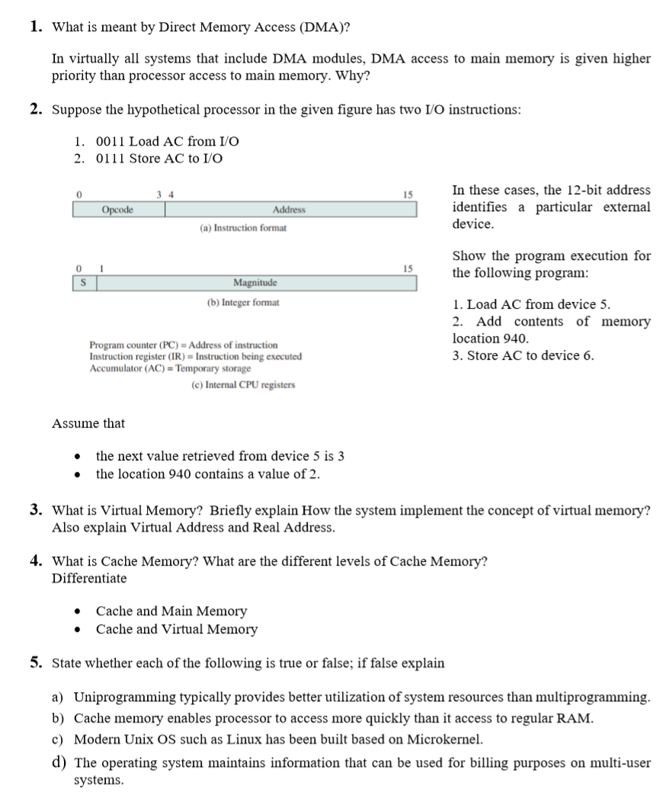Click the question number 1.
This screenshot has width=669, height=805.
[x=35, y=27]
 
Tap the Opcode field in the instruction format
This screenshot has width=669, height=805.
[x=118, y=209]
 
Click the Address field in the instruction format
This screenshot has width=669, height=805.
[x=290, y=209]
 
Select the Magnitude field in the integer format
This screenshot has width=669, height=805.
[x=254, y=283]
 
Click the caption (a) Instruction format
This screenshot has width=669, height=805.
[x=243, y=228]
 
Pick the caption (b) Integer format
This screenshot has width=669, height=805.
[x=243, y=302]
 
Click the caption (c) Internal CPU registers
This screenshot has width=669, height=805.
[x=243, y=385]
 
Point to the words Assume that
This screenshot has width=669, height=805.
[x=88, y=423]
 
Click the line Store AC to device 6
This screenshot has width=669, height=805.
[x=523, y=355]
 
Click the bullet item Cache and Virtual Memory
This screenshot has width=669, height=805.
[x=177, y=630]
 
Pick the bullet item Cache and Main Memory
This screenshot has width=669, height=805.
[x=171, y=611]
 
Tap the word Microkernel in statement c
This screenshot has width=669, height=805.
[x=445, y=739]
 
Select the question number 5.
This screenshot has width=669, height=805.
[x=35, y=662]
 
